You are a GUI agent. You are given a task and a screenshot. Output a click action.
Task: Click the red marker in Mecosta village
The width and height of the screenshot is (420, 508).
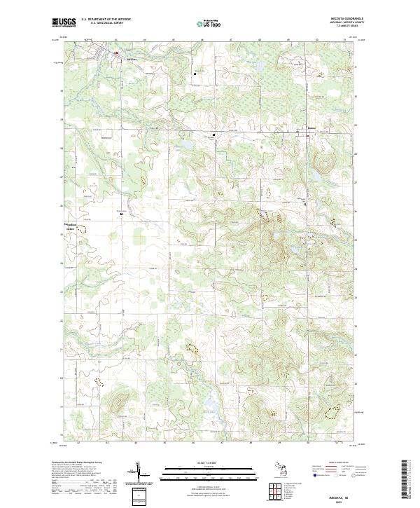coord(117,51)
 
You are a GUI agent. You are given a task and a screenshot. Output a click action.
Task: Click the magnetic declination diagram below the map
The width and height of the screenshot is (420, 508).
coord(139,474)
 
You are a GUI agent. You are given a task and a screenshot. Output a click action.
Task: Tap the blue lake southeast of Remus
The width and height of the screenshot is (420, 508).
coord(316,177)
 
